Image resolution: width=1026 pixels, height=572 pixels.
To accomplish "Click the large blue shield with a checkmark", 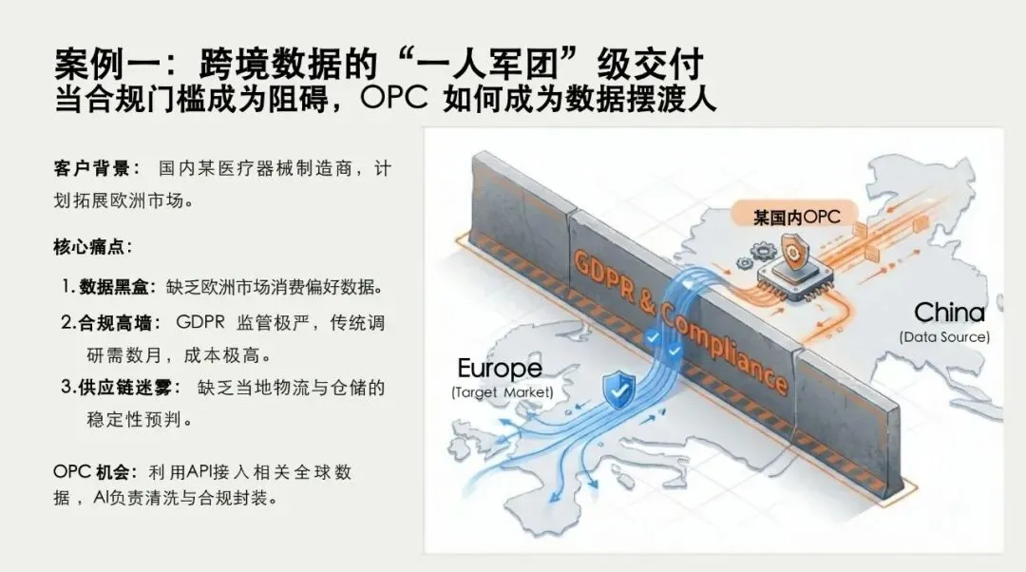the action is click(x=619, y=388).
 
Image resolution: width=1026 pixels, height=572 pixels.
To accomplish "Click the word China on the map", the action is click(x=949, y=313).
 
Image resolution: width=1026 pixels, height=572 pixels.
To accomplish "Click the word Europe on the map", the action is click(x=500, y=369).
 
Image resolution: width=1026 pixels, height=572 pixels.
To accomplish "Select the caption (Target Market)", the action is click(x=502, y=392).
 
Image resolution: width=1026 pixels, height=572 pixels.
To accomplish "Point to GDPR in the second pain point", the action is click(x=200, y=322).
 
